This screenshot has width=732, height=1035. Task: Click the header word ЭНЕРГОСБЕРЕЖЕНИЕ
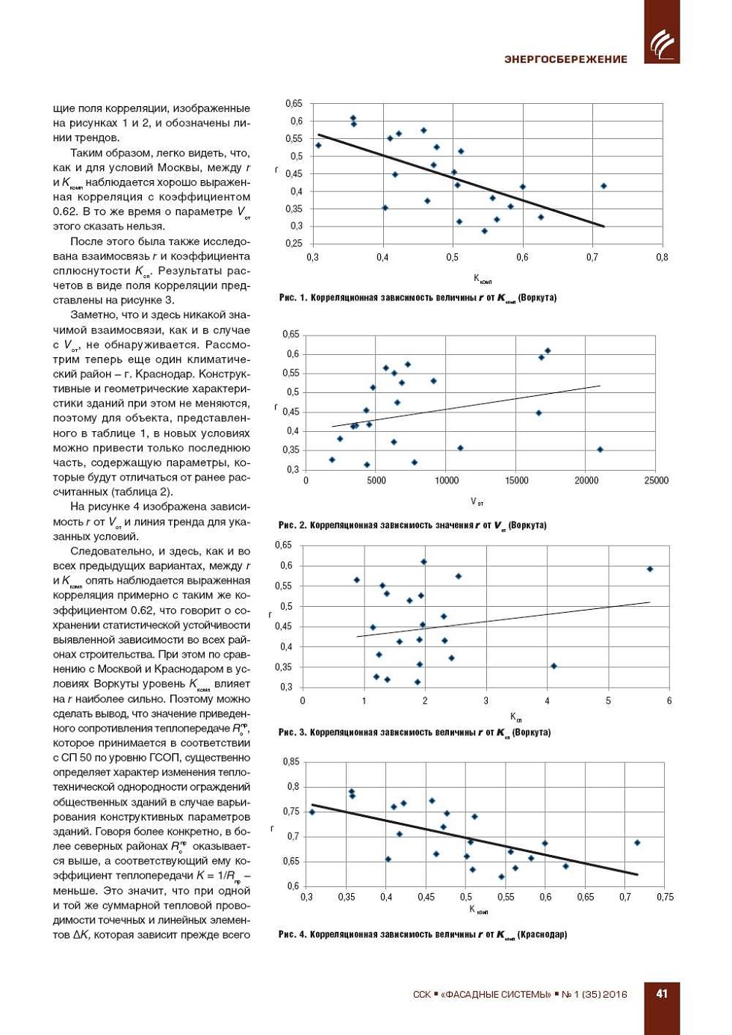(565, 59)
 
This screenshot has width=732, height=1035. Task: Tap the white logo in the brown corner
(662, 43)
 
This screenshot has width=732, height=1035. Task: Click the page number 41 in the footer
(662, 993)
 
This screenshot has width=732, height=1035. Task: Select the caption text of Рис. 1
(418, 297)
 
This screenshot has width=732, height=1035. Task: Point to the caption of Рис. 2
(412, 525)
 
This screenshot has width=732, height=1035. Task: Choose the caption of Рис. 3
(415, 732)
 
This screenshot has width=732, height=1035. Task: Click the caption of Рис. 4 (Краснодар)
(423, 934)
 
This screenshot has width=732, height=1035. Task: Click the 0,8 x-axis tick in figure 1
(662, 257)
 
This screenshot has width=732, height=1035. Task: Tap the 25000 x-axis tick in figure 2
(657, 481)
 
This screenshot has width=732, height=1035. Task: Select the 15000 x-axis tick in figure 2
(517, 481)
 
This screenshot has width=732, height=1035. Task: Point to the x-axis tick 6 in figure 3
(669, 701)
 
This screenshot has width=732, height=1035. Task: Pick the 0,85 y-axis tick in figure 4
(291, 761)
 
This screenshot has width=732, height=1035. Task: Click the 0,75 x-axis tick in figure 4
(665, 897)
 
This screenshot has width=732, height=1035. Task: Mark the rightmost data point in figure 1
(604, 186)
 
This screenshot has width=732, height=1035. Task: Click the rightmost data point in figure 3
(650, 569)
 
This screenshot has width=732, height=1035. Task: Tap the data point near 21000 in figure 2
(600, 450)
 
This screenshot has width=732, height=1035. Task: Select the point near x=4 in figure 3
(553, 666)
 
